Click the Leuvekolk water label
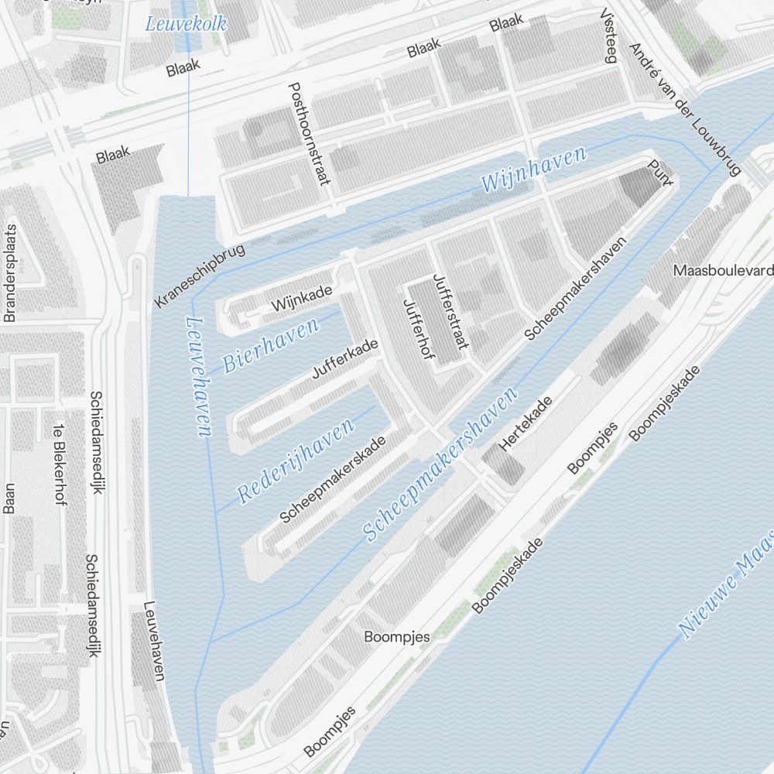tap(187, 23)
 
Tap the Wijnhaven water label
tap(533, 170)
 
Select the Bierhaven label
tap(270, 345)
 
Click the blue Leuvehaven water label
tap(198, 377)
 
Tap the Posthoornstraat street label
tap(309, 134)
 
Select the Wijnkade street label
tap(301, 299)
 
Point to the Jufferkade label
tap(344, 358)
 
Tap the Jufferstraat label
tap(450, 313)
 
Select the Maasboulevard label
tap(723, 270)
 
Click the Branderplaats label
tap(10, 273)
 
